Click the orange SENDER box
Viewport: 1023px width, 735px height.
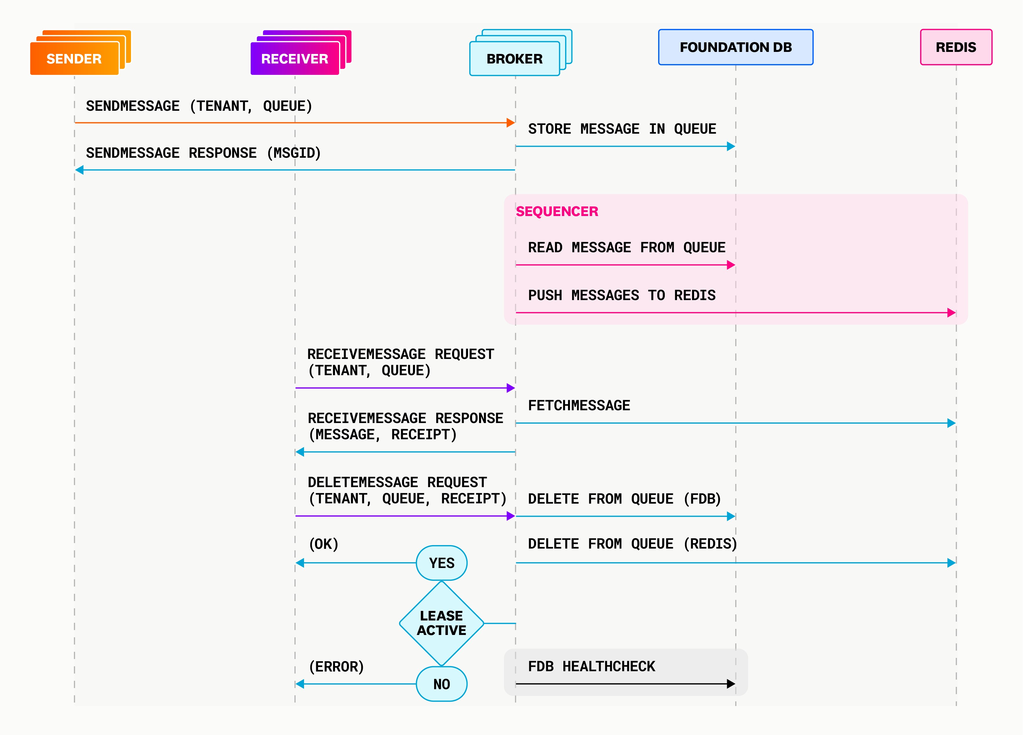(74, 58)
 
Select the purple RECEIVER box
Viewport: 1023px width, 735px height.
(294, 58)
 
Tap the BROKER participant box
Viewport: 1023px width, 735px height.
(514, 58)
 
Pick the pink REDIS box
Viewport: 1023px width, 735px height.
(955, 47)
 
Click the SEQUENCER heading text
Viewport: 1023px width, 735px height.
(557, 211)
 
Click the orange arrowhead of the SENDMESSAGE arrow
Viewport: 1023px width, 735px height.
(511, 122)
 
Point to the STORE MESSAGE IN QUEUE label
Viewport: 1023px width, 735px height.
(622, 129)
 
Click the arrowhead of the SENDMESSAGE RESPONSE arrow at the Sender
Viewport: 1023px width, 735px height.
(79, 170)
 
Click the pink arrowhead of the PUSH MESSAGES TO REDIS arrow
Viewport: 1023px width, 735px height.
(951, 312)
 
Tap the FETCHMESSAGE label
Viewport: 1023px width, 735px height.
(579, 405)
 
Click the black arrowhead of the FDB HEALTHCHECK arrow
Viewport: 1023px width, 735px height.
(731, 684)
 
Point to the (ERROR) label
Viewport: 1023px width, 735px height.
(336, 666)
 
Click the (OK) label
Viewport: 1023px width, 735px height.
(323, 544)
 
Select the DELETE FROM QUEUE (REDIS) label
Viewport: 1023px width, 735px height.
(632, 544)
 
